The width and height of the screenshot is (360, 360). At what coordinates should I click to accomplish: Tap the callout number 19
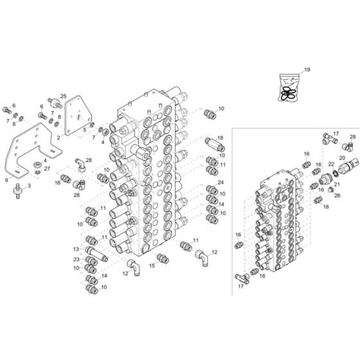pos(307,69)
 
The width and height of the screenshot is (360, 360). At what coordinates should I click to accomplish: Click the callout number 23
pos(76,259)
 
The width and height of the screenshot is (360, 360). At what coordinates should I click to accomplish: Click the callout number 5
pos(84,130)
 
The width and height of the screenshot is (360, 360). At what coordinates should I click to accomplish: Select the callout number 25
pos(63,96)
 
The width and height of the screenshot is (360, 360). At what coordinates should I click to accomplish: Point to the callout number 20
pos(341,157)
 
